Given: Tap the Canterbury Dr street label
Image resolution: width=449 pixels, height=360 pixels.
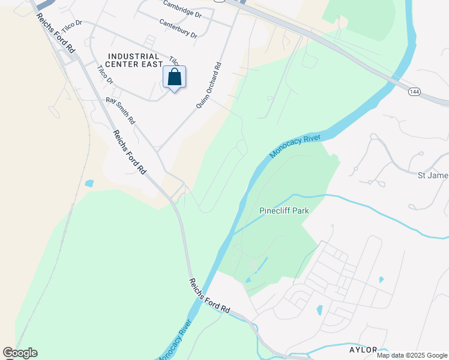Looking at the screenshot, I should tap(178, 28).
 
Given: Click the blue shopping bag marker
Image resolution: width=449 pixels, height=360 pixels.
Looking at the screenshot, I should tap(174, 77).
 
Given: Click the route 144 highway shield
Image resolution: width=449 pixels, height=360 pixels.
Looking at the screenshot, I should tap(414, 92).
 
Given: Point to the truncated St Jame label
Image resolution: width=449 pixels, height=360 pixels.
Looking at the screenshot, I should tap(433, 175).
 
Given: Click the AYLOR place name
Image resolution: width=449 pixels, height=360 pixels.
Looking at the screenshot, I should tap(363, 349).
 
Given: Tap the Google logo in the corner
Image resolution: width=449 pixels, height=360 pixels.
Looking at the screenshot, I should tap(20, 353).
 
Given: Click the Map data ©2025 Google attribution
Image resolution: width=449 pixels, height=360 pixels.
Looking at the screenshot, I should tap(412, 355).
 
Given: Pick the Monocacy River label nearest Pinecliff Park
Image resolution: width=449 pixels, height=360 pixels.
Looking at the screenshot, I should tap(295, 146).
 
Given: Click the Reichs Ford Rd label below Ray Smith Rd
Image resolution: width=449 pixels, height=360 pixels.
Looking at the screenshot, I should tap(130, 152).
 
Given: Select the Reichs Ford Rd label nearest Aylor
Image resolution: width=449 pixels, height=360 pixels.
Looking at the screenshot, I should tap(209, 296).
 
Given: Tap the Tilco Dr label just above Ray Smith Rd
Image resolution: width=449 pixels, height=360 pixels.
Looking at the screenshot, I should tap(105, 80).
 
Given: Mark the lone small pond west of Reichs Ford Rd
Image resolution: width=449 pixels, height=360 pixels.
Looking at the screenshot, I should tap(89, 183).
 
